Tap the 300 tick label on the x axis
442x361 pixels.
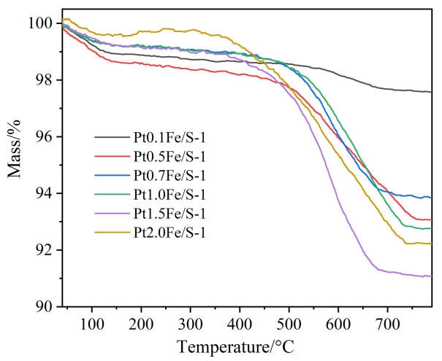coord(191,321)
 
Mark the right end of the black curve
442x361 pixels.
coord(431,92)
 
